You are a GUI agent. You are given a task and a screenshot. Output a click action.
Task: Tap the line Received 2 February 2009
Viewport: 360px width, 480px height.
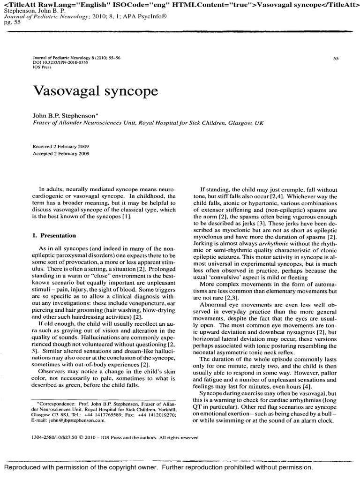[x=61, y=147]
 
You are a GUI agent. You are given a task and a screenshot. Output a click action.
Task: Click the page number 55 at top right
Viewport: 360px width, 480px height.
[x=336, y=59]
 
